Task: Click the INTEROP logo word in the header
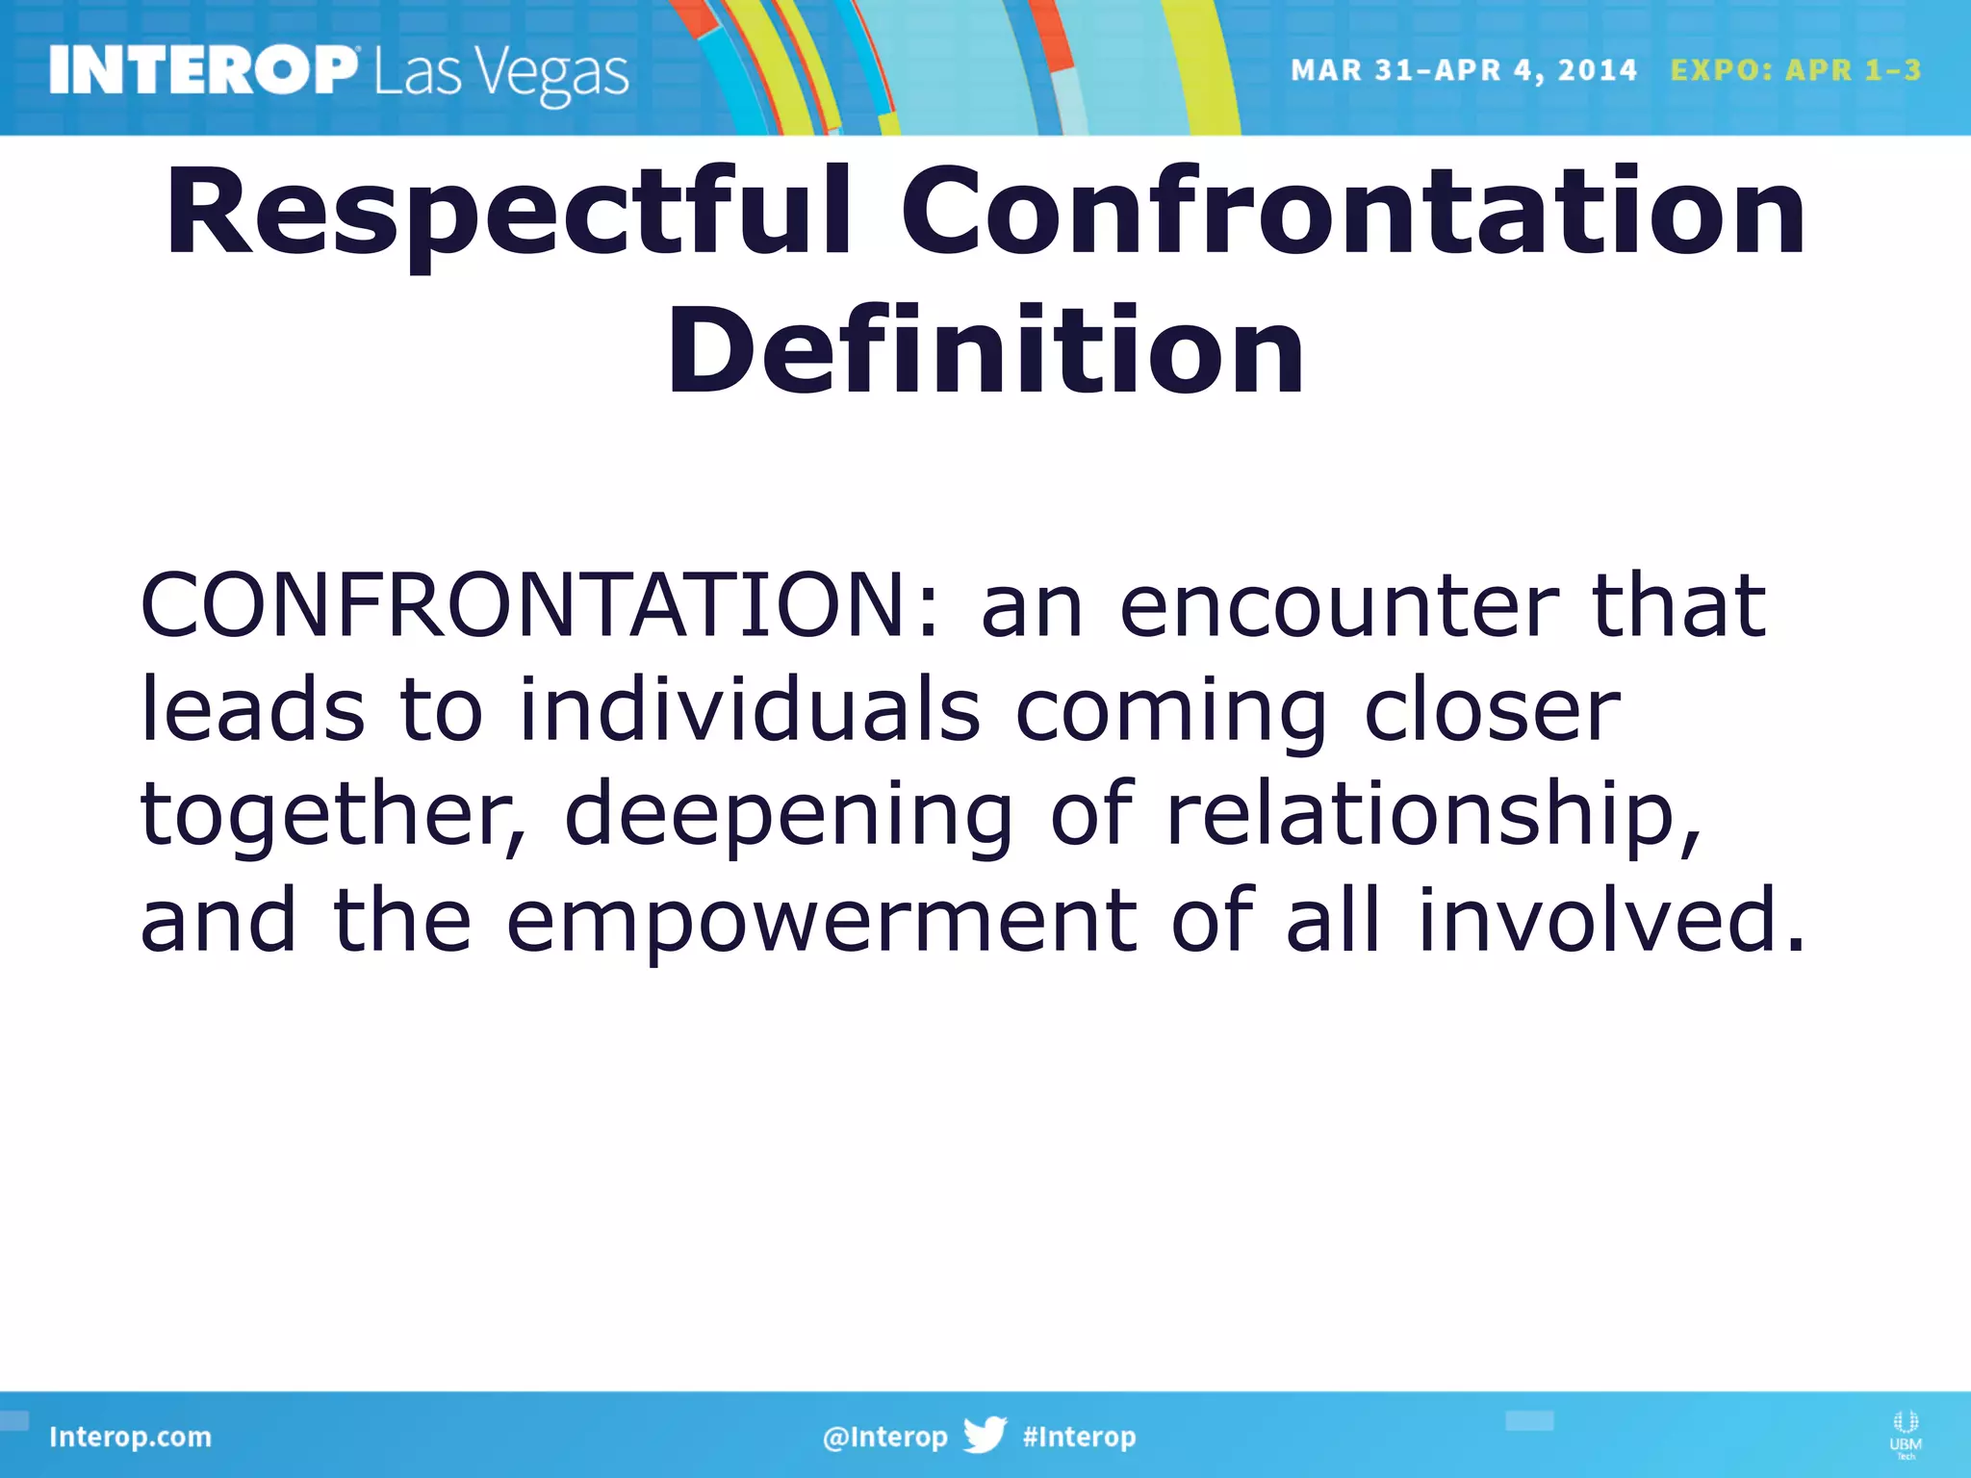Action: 202,71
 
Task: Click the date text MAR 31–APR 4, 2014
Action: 1463,70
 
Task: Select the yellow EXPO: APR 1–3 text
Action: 1796,70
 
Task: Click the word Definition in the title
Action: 985,350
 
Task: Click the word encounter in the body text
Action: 1338,608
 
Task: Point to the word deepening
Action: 788,816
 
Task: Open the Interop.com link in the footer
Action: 130,1438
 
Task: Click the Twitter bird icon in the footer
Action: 985,1435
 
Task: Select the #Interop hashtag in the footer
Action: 1079,1438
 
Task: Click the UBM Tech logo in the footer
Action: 1905,1435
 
